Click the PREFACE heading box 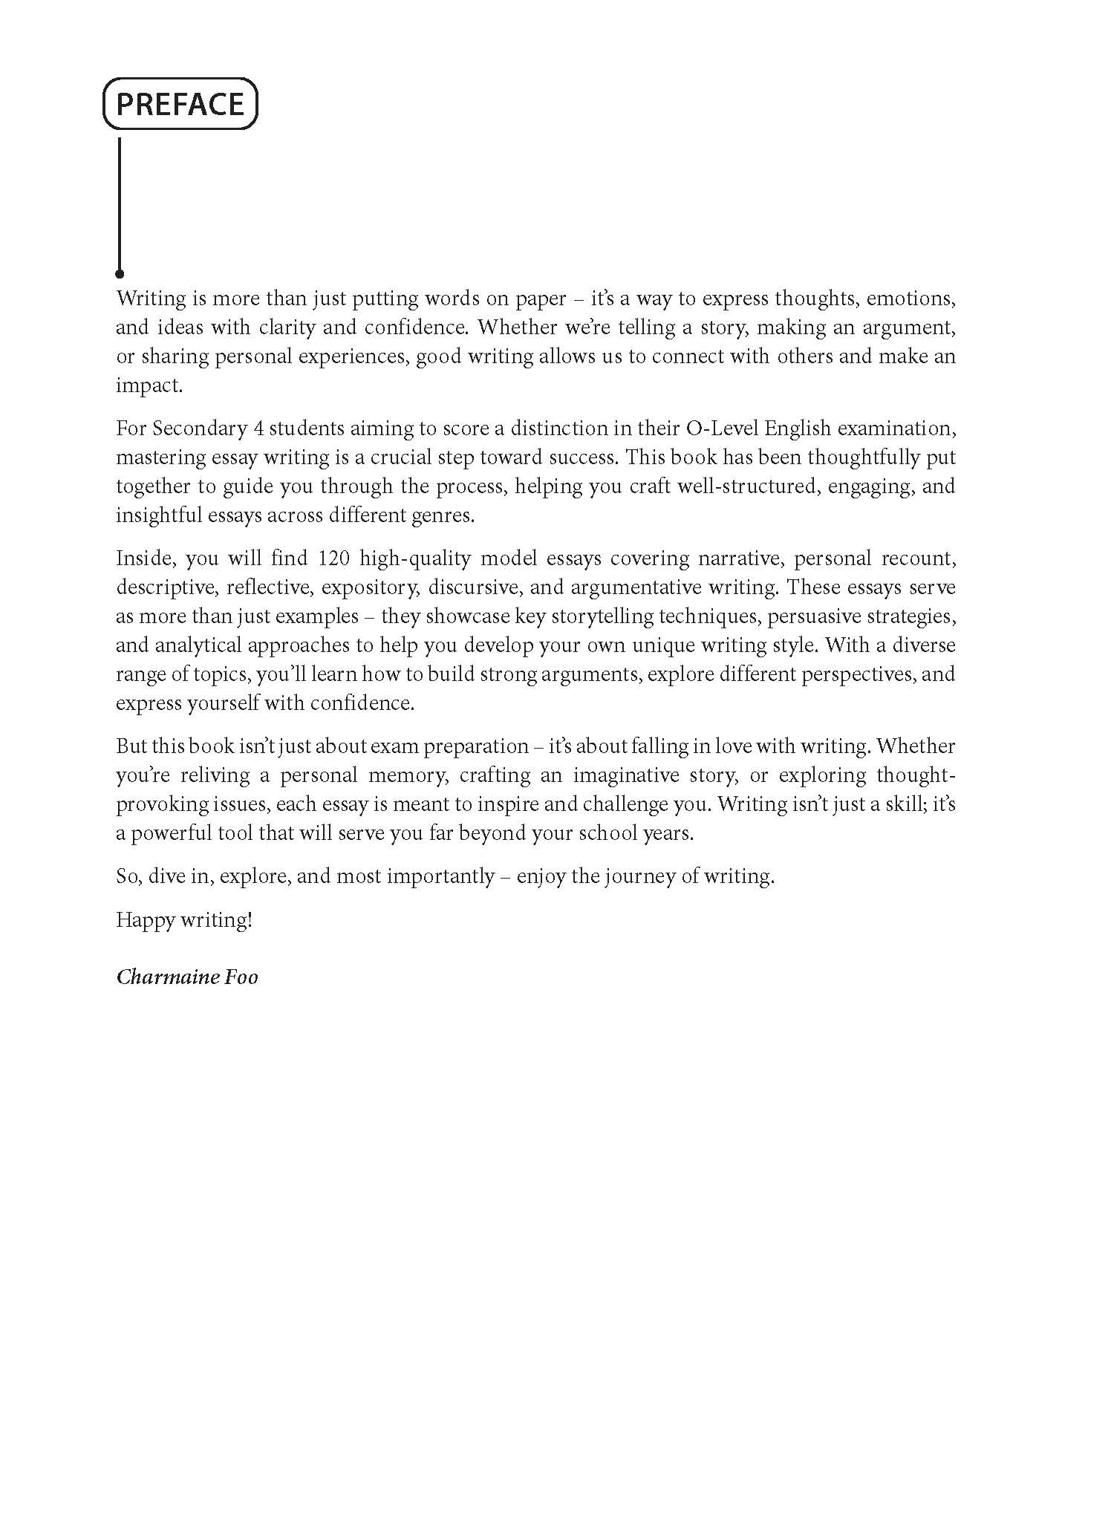tap(180, 103)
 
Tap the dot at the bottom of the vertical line tap(120, 274)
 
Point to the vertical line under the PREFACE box tap(120, 201)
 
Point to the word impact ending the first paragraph tap(147, 385)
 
